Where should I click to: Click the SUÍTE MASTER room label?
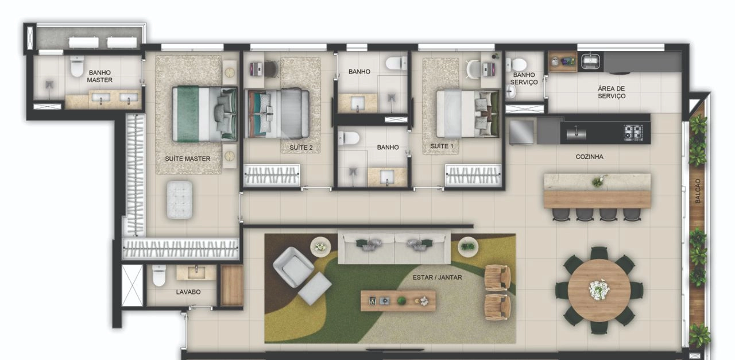point(187,159)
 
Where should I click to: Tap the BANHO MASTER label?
point(100,76)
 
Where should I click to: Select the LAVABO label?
point(188,292)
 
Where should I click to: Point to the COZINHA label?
point(589,157)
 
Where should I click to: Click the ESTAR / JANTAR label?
point(437,277)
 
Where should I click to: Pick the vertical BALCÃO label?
point(698,191)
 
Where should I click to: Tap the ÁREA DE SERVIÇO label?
point(612,92)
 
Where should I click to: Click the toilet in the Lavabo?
point(159,276)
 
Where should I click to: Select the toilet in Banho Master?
point(77,66)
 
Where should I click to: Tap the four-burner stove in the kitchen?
point(633,133)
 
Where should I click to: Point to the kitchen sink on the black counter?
point(576,133)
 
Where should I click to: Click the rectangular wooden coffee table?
point(399,300)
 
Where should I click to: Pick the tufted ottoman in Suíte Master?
point(179,200)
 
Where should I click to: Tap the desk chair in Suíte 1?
point(473,69)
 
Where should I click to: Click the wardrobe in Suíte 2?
point(272,175)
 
